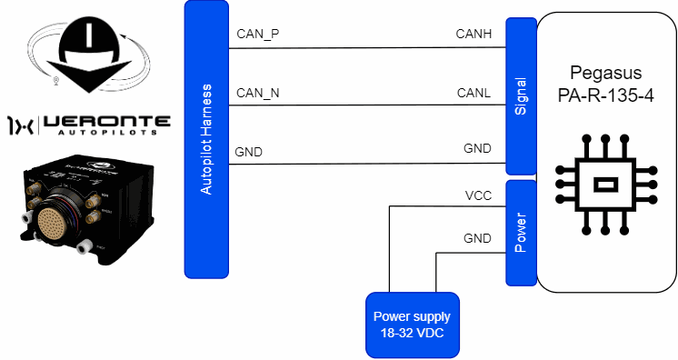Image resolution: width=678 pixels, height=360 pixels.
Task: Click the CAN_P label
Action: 258,35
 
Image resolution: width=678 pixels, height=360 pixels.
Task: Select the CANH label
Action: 474,34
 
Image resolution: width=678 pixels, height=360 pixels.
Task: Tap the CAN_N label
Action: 258,93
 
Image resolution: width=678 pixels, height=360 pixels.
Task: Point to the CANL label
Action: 474,93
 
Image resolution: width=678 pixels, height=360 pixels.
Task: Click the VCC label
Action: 478,196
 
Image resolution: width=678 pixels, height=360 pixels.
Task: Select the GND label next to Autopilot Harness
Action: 249,152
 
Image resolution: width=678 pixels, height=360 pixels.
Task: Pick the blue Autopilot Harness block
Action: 206,139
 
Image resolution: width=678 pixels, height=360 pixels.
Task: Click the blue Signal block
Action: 521,96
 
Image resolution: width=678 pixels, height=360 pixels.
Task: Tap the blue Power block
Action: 521,233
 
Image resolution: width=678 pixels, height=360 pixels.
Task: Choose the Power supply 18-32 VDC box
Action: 413,325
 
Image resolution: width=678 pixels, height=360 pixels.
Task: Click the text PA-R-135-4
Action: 605,95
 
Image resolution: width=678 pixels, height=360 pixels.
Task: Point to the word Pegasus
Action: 606,73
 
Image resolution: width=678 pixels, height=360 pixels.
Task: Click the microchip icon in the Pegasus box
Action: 605,185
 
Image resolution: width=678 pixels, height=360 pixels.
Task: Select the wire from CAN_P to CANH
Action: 367,47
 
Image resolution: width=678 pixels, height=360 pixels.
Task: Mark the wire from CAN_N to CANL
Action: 367,105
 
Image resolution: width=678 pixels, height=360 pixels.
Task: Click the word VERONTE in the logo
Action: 107,122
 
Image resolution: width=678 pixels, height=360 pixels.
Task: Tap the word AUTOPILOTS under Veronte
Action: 107,132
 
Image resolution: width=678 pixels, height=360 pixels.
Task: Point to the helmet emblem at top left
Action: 89,55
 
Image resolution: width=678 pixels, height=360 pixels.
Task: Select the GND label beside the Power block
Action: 477,238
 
